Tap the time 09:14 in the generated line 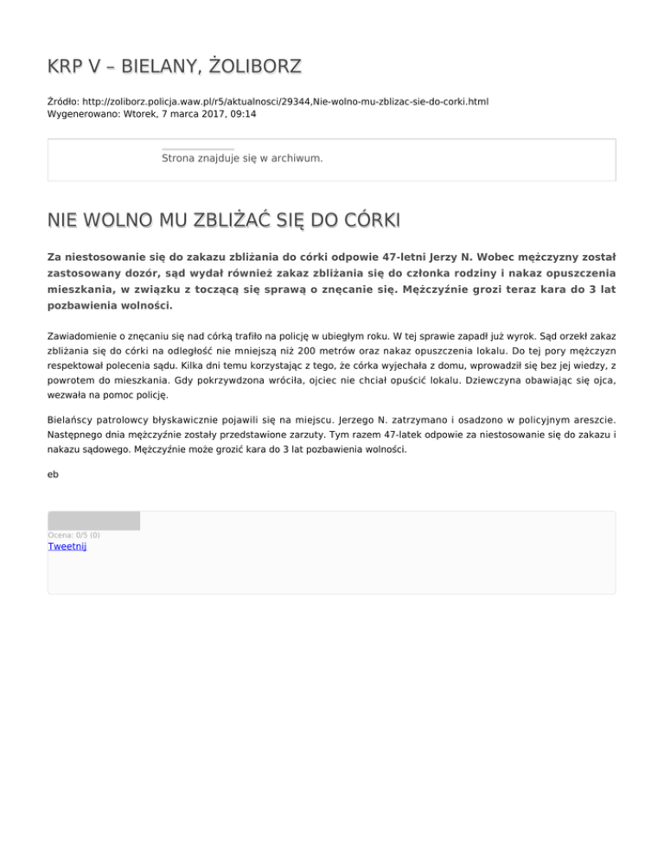pyautogui.click(x=242, y=113)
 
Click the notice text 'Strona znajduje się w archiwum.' pyautogui.click(x=242, y=159)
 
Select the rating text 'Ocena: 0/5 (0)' pyautogui.click(x=73, y=535)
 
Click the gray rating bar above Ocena pyautogui.click(x=93, y=520)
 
